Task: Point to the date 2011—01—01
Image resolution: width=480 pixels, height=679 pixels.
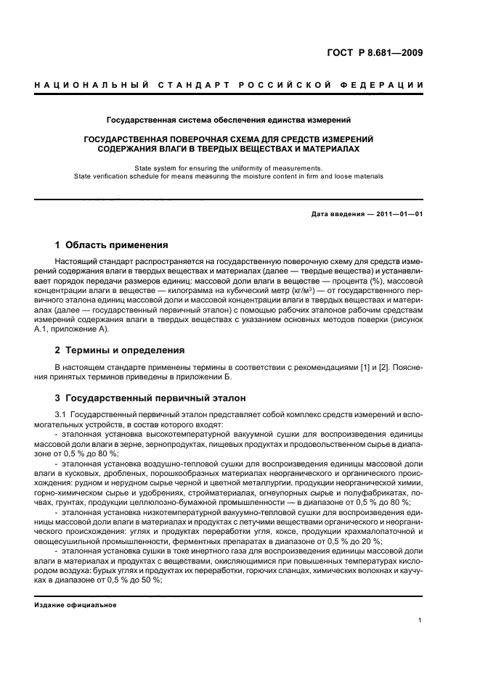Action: coord(399,214)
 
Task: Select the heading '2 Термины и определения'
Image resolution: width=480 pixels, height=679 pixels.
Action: coord(120,350)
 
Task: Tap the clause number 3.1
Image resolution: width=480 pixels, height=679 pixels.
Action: coord(61,414)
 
